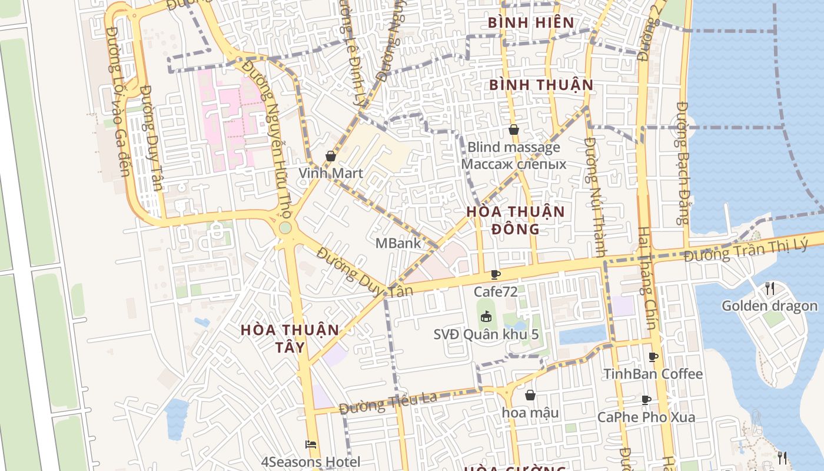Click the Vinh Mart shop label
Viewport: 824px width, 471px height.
point(331,173)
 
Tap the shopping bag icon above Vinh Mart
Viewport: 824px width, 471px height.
point(331,157)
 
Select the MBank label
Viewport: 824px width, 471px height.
point(398,243)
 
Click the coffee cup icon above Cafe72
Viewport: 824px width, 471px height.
point(496,274)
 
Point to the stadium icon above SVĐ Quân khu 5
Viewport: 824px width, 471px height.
point(486,317)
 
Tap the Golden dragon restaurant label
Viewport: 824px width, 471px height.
point(769,306)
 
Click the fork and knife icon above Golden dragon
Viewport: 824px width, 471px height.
point(769,288)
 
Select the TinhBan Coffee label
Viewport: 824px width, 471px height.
point(653,374)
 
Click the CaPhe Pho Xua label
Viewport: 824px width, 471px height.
point(646,417)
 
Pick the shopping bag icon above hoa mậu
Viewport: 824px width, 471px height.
point(530,395)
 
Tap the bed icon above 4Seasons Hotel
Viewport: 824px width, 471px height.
point(311,445)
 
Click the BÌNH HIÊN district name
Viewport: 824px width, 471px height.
point(531,23)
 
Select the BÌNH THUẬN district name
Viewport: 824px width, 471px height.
point(541,85)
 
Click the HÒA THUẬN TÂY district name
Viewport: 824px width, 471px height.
point(290,338)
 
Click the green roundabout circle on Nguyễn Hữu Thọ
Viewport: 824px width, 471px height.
point(285,228)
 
